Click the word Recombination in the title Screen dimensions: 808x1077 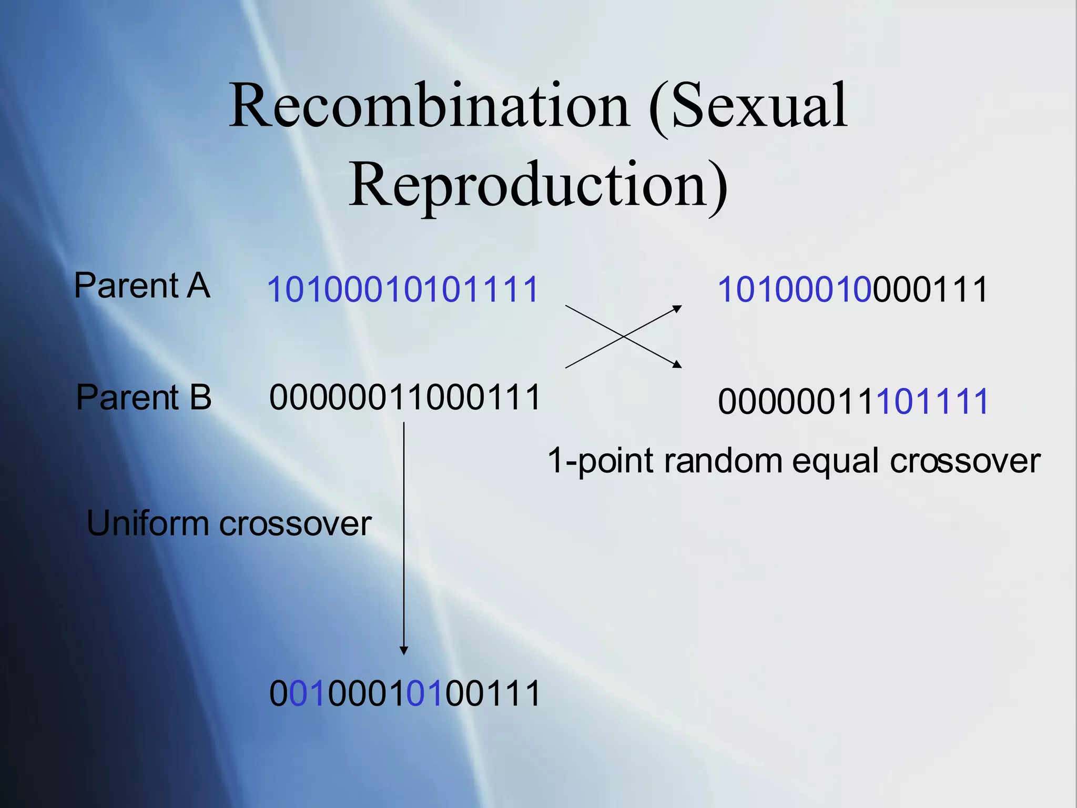429,107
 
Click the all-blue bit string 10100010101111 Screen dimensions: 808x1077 403,289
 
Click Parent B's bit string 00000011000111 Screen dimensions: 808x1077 404,397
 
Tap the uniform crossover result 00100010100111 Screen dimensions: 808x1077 404,693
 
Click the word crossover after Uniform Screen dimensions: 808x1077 295,524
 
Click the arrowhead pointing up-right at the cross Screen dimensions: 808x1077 678,308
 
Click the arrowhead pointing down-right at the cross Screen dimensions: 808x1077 678,365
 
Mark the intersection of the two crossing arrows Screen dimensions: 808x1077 623,336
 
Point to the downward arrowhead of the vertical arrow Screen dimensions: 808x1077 404,651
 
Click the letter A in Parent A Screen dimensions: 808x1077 198,286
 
